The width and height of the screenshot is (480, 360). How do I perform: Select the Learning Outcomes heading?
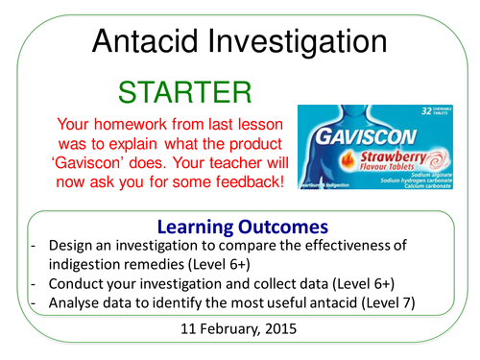click(239, 228)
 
